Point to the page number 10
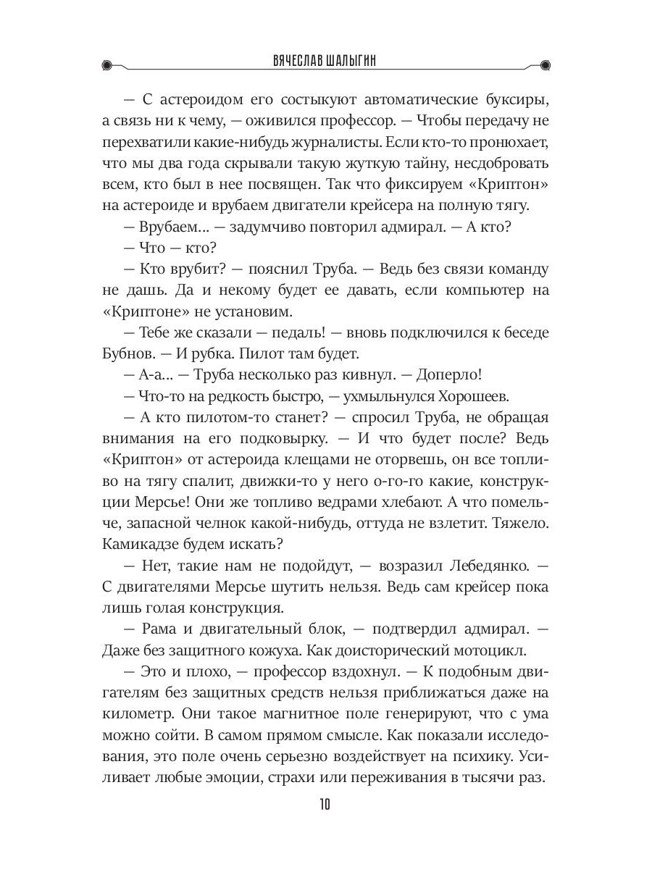(x=325, y=806)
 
